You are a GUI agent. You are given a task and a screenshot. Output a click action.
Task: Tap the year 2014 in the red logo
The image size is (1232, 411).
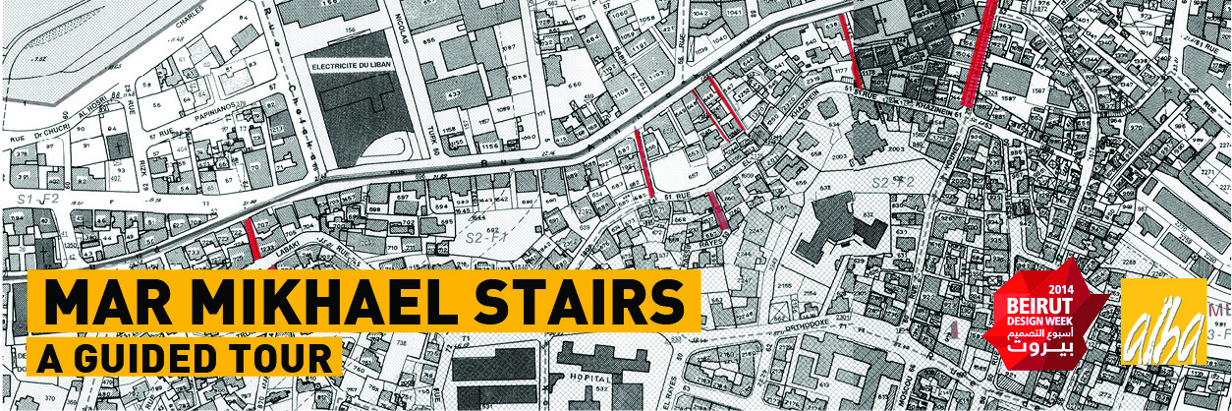click(1034, 290)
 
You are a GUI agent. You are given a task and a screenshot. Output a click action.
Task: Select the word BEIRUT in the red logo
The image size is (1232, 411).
click(1034, 304)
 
